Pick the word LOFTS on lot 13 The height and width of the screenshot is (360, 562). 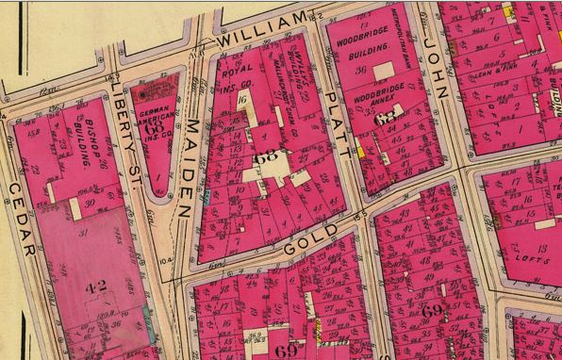point(527,254)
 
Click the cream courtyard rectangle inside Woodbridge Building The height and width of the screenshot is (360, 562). point(384,72)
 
